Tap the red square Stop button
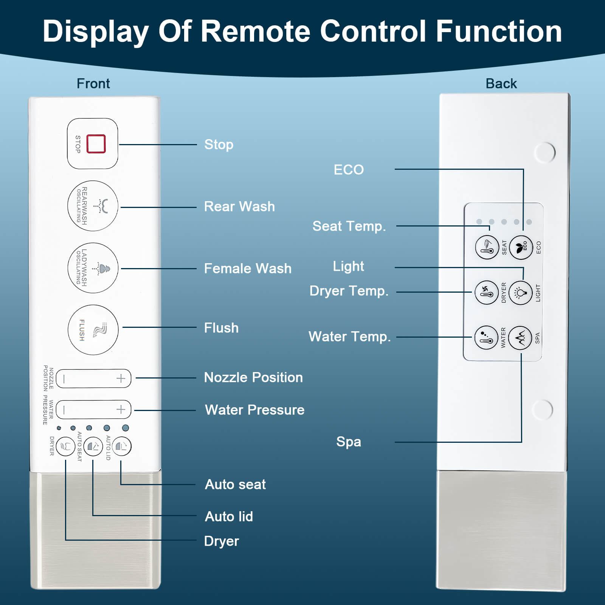(x=96, y=144)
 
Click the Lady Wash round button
(x=93, y=268)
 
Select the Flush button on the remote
(x=93, y=330)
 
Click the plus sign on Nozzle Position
(x=121, y=379)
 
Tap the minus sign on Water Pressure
(x=64, y=410)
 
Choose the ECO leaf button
(x=521, y=248)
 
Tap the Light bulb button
(x=520, y=293)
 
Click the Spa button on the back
(x=520, y=338)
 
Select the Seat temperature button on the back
(x=487, y=248)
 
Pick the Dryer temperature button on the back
(x=486, y=293)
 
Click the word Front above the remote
(x=93, y=84)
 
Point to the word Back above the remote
(x=501, y=84)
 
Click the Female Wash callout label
(x=248, y=268)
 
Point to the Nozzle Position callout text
(x=253, y=377)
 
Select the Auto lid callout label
(x=229, y=517)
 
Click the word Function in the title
(x=499, y=31)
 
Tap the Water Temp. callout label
(x=349, y=337)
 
